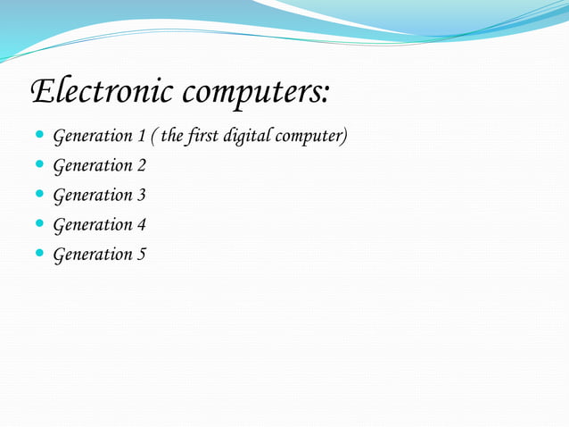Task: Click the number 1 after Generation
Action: [141, 137]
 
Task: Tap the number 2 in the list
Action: [141, 166]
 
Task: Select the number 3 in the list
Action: [141, 196]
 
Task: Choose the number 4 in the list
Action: [141, 225]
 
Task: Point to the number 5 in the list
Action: [141, 255]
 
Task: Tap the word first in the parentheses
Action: [206, 137]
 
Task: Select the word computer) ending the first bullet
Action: [314, 138]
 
